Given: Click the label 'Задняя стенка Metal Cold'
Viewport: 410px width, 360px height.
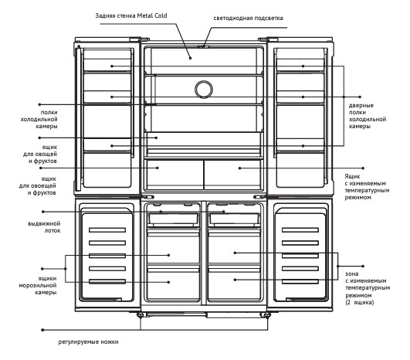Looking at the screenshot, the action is point(131,15).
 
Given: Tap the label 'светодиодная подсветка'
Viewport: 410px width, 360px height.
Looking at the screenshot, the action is point(248,18).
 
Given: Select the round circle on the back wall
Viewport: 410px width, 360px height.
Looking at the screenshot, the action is point(204,89).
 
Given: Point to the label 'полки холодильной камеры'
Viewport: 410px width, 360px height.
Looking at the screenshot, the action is point(39,119).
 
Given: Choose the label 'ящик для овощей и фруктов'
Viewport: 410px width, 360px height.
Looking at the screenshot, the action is point(40,154).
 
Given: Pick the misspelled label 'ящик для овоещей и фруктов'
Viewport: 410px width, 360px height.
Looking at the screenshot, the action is point(38,185).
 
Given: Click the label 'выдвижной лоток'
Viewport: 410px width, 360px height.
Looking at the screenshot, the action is point(44,227).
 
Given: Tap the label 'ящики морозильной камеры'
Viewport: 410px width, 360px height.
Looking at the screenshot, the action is point(38,285).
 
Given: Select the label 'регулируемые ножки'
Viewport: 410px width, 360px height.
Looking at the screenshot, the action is point(88,341).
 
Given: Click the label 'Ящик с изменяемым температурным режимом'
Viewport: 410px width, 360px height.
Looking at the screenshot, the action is point(367,187).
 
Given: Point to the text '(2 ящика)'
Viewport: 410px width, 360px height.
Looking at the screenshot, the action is point(360,302).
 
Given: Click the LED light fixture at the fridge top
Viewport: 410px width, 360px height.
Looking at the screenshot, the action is point(203,47).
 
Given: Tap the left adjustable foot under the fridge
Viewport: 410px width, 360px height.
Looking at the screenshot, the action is point(141,314).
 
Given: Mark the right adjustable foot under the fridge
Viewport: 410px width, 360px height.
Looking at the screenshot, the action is point(266,314).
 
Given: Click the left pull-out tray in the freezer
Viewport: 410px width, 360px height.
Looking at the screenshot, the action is point(174,219).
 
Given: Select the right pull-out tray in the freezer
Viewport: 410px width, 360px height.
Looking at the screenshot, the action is point(235,219).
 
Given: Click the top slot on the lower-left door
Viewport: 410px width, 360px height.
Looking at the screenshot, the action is point(107,230).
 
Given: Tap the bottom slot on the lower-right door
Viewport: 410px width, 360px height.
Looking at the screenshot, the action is point(300,281).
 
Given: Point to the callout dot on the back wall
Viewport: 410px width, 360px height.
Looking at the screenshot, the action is point(191,58).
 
